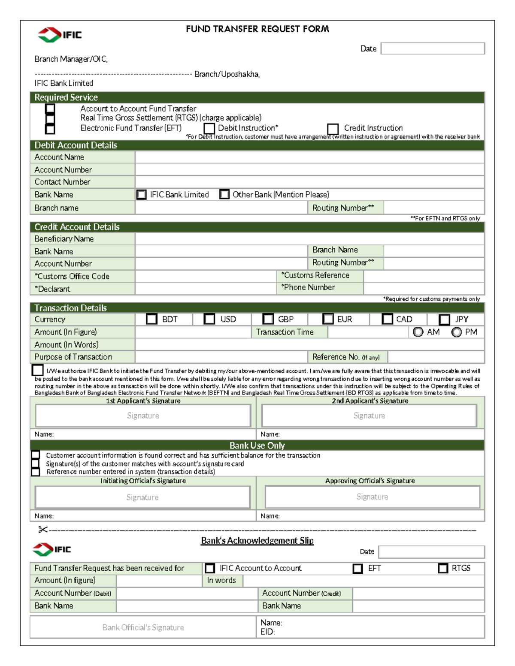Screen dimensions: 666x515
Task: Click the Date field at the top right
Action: tap(433, 48)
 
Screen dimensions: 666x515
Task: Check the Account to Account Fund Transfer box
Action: tap(50, 108)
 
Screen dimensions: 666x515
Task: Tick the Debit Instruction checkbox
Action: tap(209, 128)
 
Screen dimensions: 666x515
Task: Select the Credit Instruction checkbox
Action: tap(333, 129)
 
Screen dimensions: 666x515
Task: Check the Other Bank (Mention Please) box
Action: tap(224, 194)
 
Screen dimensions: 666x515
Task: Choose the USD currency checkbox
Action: tap(209, 319)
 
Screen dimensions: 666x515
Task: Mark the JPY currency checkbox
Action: tap(445, 319)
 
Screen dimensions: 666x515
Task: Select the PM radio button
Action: tap(457, 332)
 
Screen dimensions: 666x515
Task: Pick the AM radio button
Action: tap(418, 332)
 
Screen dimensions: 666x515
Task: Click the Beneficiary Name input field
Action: tap(309, 239)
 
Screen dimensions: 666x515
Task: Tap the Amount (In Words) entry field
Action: tap(309, 345)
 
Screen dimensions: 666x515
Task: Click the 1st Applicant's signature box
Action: tap(143, 416)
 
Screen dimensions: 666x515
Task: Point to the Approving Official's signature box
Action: tap(372, 497)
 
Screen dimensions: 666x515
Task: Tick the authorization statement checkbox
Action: tap(38, 370)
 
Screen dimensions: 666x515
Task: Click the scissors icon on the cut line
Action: tap(42, 530)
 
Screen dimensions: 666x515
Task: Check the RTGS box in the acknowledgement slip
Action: tap(443, 568)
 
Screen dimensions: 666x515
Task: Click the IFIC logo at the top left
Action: tap(60, 35)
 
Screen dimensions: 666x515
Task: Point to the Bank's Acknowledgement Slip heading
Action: tap(257, 540)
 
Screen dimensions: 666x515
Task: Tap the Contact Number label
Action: tap(63, 182)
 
